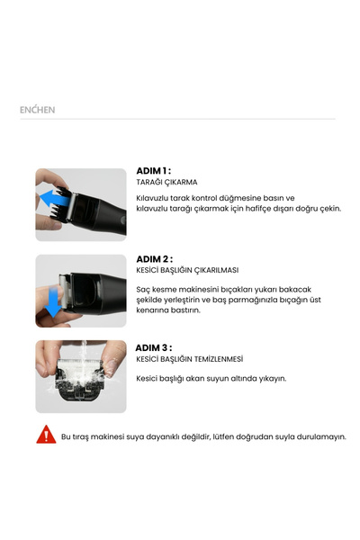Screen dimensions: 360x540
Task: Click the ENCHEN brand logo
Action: click(37, 110)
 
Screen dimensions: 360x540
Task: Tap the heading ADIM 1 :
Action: click(153, 171)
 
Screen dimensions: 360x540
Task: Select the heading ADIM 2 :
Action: click(154, 259)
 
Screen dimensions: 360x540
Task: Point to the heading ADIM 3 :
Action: click(154, 347)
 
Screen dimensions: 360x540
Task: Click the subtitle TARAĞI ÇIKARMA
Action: click(166, 182)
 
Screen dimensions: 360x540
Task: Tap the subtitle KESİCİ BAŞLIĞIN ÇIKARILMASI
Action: click(187, 270)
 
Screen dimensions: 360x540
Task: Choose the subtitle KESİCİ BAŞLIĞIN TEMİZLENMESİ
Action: click(190, 359)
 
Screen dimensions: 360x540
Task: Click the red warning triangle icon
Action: click(46, 434)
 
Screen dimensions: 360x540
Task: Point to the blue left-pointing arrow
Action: click(54, 199)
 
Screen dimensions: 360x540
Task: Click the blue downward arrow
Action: click(54, 302)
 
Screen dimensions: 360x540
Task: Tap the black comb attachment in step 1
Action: click(60, 204)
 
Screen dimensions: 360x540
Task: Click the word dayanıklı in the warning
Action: click(163, 436)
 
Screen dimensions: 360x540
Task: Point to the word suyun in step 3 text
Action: click(219, 379)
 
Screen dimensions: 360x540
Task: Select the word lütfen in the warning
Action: click(223, 436)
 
